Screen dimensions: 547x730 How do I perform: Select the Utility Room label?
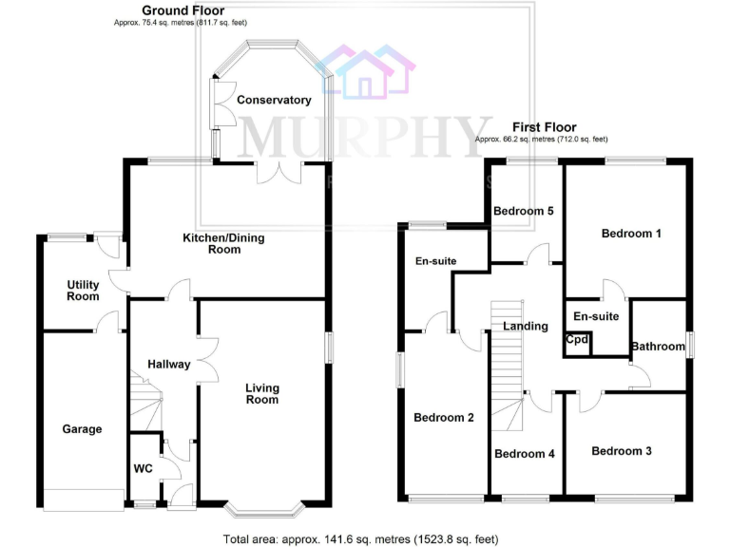(83, 291)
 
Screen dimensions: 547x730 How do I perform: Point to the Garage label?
(83, 429)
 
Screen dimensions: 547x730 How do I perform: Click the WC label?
(144, 468)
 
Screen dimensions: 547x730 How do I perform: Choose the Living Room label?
(262, 393)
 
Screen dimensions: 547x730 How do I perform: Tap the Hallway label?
(169, 364)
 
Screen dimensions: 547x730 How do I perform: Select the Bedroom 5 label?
(523, 211)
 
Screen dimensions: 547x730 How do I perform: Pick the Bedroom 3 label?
(621, 451)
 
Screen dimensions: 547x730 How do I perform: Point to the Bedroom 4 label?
(524, 454)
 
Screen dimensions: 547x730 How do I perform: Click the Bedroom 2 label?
(443, 417)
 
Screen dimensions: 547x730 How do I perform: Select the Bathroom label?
(658, 347)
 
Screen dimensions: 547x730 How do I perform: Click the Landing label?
(526, 326)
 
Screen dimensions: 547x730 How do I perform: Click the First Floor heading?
(544, 126)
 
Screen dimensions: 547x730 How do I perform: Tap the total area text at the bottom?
(360, 539)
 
